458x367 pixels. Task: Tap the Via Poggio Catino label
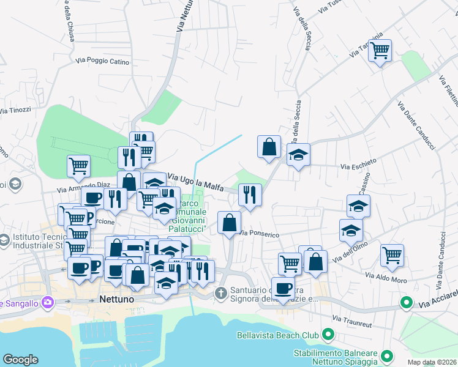(102, 61)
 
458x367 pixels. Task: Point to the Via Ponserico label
(260, 234)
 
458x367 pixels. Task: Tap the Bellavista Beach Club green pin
(328, 335)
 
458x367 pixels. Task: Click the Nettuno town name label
(116, 300)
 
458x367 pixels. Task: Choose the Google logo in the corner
(20, 360)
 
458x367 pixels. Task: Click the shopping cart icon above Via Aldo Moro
(392, 255)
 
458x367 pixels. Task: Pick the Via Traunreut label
(351, 319)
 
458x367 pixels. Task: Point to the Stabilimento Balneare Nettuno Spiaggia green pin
(386, 355)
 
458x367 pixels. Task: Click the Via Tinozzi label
(15, 110)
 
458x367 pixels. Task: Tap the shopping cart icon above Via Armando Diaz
(78, 165)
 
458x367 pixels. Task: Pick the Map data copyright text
(432, 362)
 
